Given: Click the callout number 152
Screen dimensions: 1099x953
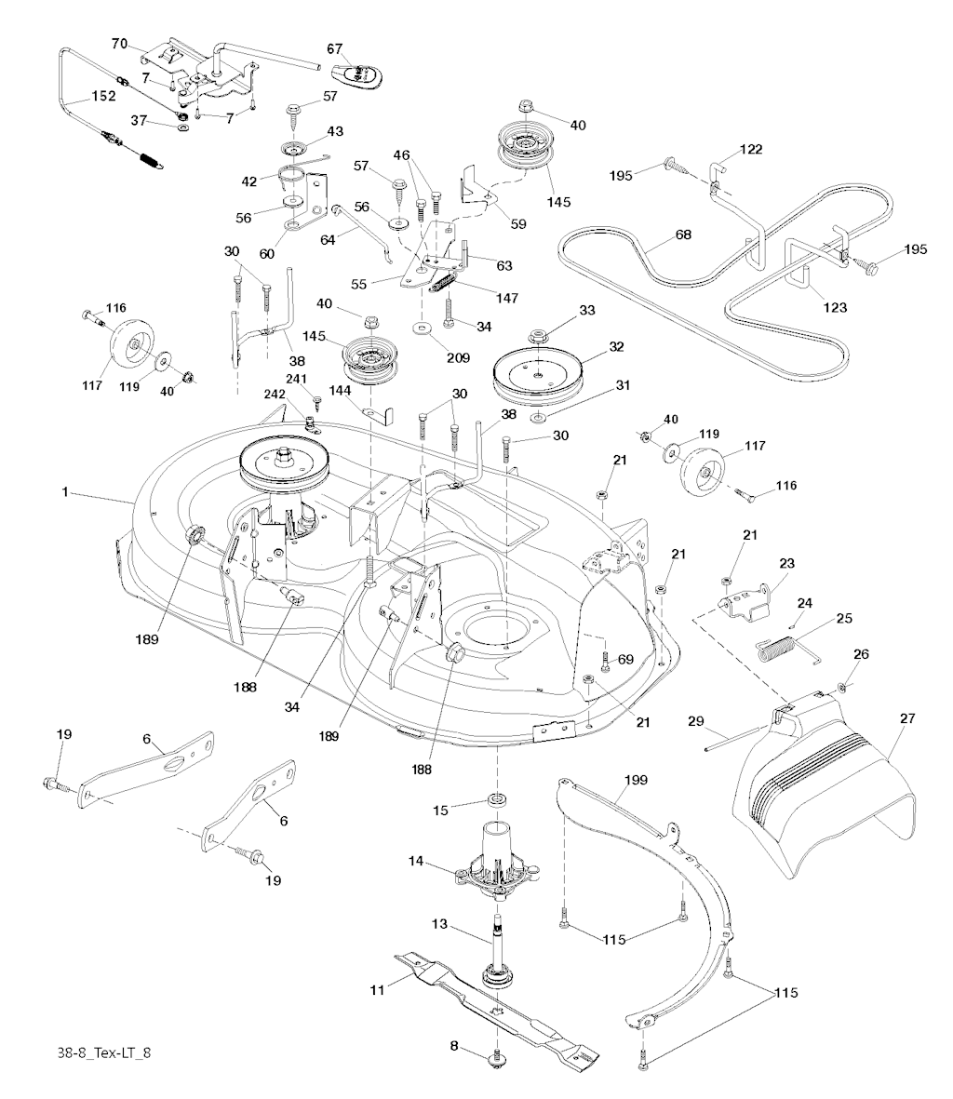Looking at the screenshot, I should click(102, 97).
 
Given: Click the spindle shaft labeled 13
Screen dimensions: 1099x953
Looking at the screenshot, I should click(496, 940).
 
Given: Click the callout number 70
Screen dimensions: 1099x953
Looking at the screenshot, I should click(119, 44).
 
